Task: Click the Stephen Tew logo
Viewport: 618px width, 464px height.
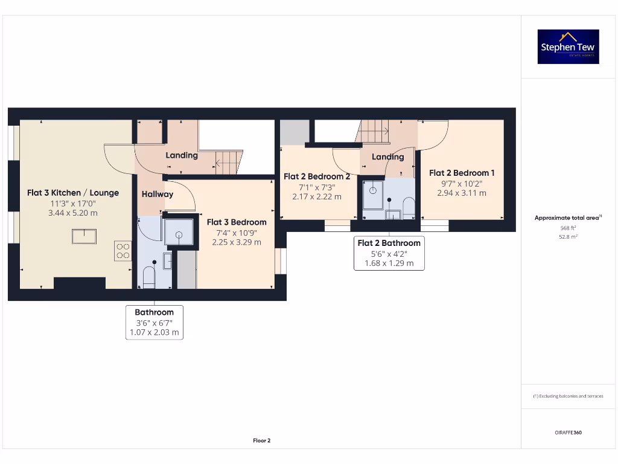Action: click(568, 47)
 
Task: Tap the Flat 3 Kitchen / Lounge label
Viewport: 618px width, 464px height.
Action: click(73, 193)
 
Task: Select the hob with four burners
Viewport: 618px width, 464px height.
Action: click(123, 251)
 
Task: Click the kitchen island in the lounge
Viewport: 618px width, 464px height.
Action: click(84, 236)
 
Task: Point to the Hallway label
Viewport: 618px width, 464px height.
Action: click(158, 194)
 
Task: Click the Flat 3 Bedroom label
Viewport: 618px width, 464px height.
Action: click(237, 222)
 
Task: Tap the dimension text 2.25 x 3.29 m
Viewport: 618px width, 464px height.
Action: click(237, 242)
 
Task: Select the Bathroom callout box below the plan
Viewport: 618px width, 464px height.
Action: click(154, 322)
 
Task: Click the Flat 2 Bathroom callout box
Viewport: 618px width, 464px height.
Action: click(389, 253)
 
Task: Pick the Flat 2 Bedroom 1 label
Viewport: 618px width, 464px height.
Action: click(462, 173)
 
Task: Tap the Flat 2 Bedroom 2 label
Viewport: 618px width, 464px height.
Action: click(317, 177)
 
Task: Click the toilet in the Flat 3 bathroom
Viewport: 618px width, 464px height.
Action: click(148, 277)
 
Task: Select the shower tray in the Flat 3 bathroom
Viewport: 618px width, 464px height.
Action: click(179, 231)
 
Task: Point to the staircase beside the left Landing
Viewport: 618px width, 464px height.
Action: click(229, 162)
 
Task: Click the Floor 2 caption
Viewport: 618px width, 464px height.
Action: click(261, 441)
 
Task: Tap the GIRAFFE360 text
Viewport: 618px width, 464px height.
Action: click(568, 433)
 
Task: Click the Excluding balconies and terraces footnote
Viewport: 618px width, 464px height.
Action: click(568, 396)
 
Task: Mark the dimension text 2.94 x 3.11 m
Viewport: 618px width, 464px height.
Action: click(462, 193)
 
